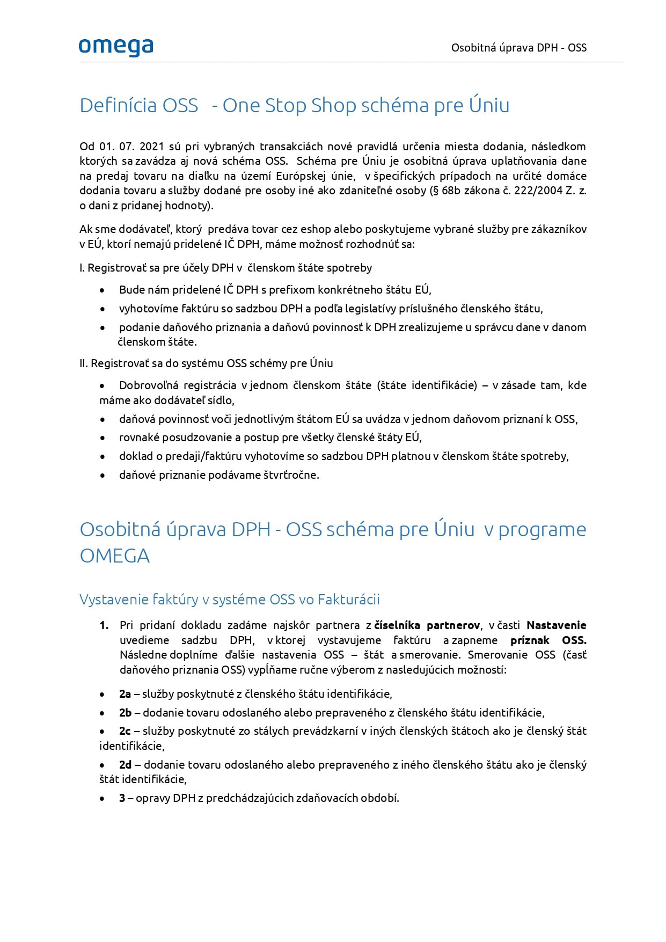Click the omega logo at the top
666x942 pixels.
click(116, 47)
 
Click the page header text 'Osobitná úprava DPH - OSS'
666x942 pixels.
click(518, 48)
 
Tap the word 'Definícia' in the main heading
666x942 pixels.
click(138, 105)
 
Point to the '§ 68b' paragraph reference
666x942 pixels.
click(445, 191)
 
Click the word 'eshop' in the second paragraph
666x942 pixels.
click(316, 229)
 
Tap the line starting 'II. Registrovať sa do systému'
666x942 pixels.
click(206, 363)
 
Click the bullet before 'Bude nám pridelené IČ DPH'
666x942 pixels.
click(103, 290)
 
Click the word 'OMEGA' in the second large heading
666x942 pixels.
click(114, 556)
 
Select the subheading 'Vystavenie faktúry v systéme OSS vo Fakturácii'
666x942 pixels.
click(229, 600)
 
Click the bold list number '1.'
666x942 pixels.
click(104, 625)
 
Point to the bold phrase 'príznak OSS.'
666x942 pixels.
click(548, 640)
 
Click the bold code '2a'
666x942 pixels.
click(125, 694)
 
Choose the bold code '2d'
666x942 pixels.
click(125, 765)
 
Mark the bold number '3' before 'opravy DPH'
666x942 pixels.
click(122, 798)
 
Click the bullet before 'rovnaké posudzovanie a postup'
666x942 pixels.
click(103, 438)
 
